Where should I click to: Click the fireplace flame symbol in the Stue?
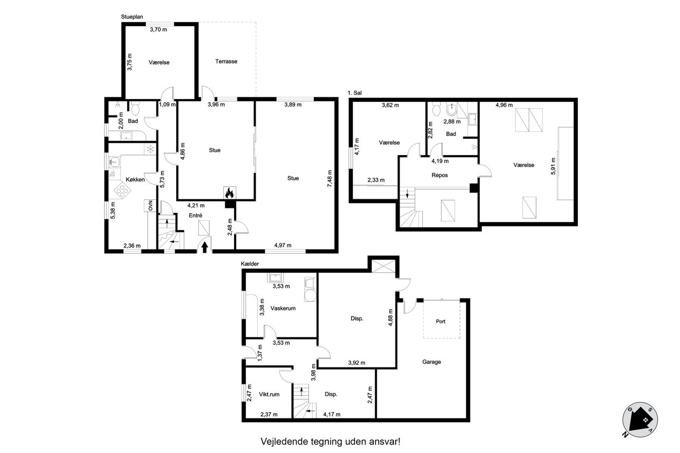229,193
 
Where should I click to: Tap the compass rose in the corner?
640,420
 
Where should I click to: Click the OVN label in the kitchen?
150,206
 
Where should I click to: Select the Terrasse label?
226,61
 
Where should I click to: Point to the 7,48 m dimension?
330,178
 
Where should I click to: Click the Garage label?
431,362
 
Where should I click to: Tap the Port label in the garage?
440,321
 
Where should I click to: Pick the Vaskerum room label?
283,308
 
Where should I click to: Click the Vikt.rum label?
269,394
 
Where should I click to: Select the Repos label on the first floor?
440,175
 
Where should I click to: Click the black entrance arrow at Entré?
205,247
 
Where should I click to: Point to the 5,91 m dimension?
553,166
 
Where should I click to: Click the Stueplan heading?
132,16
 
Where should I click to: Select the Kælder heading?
250,264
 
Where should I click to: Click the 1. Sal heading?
355,93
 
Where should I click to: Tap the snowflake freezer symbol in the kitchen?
150,149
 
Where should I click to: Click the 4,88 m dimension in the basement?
390,317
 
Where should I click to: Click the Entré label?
195,215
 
